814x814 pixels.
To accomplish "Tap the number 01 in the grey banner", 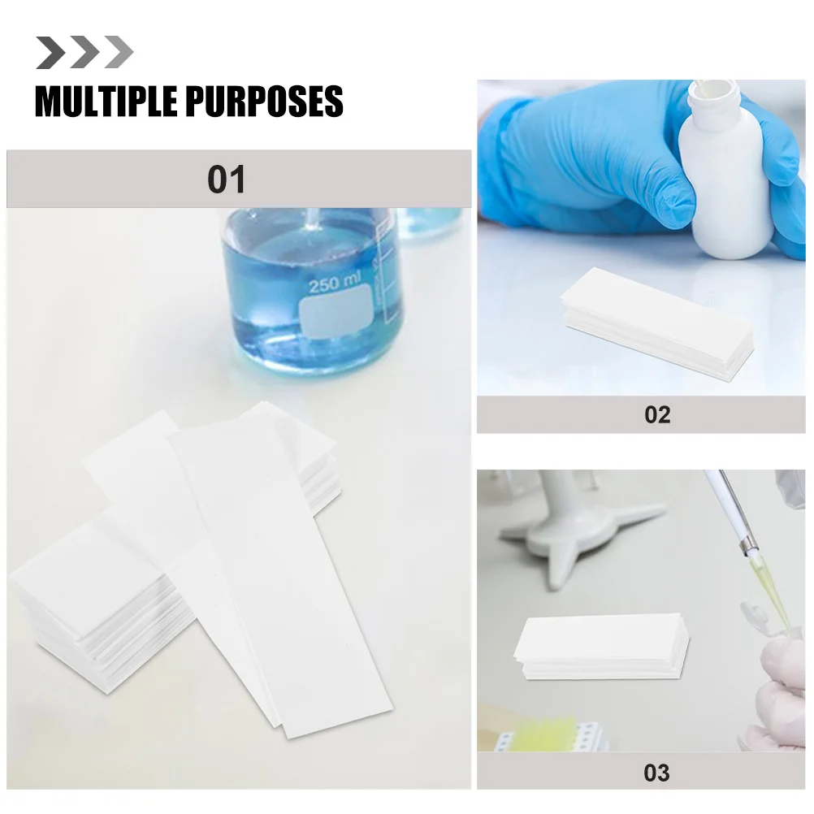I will tap(226, 179).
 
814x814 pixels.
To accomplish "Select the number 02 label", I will tap(656, 414).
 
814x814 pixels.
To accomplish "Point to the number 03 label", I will tap(656, 771).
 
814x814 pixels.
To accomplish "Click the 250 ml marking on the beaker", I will tap(334, 285).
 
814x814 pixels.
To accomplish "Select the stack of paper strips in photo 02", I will tap(654, 320).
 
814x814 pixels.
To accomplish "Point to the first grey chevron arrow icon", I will tap(50, 53).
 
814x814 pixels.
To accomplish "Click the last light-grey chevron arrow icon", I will tap(119, 53).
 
